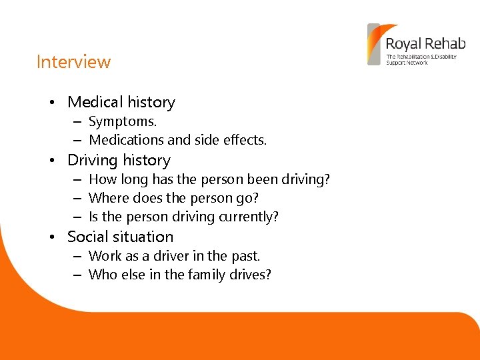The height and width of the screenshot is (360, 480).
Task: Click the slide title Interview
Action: pyautogui.click(x=73, y=62)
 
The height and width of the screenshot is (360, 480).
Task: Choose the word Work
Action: pyautogui.click(x=105, y=256)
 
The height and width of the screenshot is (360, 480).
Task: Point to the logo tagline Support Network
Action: pyautogui.click(x=407, y=63)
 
